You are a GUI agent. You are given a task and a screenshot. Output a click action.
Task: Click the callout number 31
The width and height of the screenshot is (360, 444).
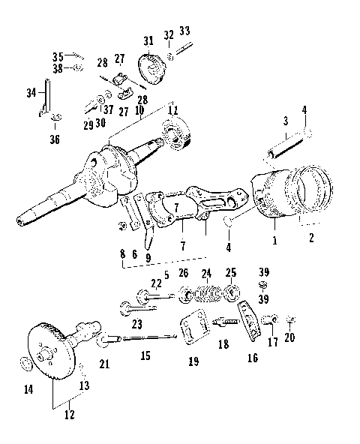click(148, 40)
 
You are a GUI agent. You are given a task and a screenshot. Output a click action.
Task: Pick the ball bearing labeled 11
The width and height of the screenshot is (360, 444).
click(177, 140)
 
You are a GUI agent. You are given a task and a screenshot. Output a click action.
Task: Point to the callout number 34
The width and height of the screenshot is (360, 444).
click(31, 93)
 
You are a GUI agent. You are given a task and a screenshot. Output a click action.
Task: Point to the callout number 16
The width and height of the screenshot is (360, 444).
click(252, 358)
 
